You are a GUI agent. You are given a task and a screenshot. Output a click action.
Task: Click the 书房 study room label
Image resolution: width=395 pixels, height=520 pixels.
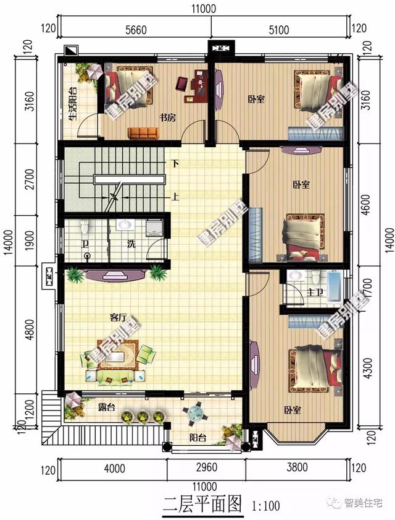pyautogui.click(x=168, y=118)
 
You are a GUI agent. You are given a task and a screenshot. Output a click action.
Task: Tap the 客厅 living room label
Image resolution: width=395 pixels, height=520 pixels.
pyautogui.click(x=118, y=317)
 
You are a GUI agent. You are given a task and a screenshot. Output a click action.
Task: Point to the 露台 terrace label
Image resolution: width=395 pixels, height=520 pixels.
pyautogui.click(x=107, y=409)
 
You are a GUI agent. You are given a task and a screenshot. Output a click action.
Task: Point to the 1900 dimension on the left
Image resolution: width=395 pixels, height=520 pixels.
pyautogui.click(x=29, y=240)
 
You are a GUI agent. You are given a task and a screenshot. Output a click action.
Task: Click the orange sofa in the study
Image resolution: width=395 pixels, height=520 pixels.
pyautogui.click(x=144, y=132)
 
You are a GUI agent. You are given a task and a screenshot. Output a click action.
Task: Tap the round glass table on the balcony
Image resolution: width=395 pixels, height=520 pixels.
pyautogui.click(x=194, y=412)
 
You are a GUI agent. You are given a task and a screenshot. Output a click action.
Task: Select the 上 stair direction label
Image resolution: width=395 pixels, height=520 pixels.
pyautogui.click(x=176, y=198)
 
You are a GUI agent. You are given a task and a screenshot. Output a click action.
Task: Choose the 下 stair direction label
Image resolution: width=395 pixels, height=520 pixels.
pyautogui.click(x=176, y=164)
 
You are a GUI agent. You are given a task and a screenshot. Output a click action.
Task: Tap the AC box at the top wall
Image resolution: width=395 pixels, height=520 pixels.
pyautogui.click(x=220, y=48)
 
